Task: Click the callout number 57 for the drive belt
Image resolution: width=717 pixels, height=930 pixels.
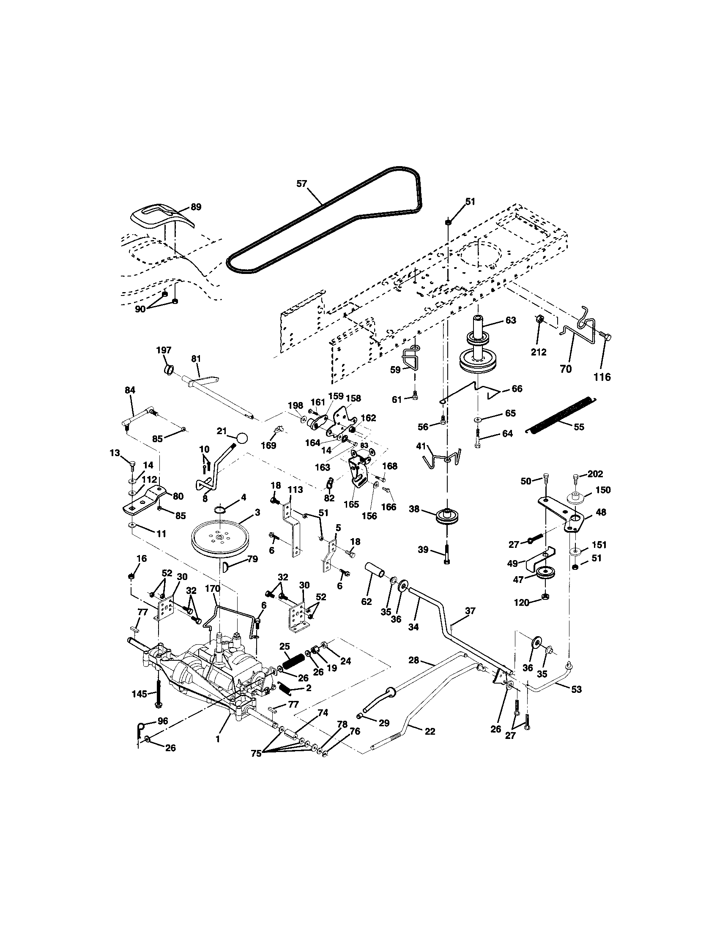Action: click(x=302, y=184)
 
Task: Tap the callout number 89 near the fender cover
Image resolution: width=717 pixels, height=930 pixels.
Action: click(x=196, y=207)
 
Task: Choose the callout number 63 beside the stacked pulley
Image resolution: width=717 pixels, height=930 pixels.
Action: click(x=511, y=320)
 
